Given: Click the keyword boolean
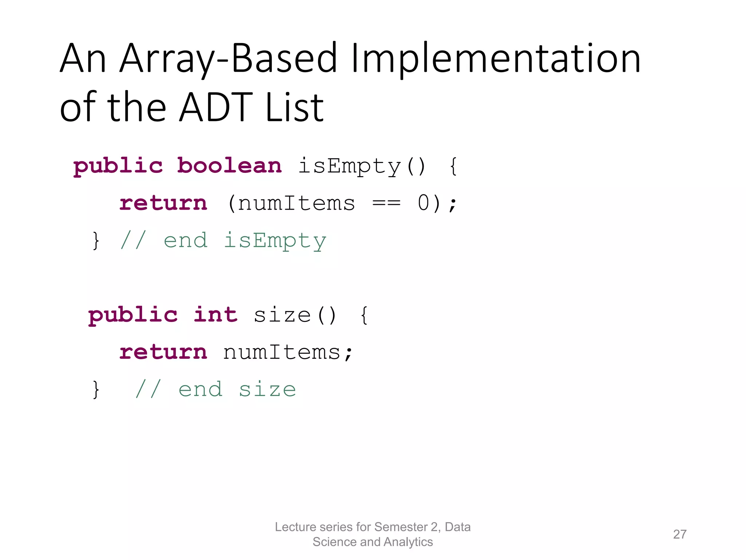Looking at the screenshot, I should [229, 166].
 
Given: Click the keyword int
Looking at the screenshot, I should [216, 315].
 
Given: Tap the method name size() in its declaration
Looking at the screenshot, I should [295, 315].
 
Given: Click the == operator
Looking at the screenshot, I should [386, 203].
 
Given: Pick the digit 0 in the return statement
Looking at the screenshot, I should [424, 203].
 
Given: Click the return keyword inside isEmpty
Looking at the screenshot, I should [163, 203].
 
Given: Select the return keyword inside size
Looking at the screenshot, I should [163, 353].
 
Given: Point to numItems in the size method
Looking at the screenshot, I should [282, 353].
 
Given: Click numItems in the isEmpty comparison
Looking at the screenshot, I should [296, 203].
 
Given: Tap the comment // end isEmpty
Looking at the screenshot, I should [223, 241].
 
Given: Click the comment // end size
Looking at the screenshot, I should [215, 390].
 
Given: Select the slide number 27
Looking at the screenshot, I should [680, 534].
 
